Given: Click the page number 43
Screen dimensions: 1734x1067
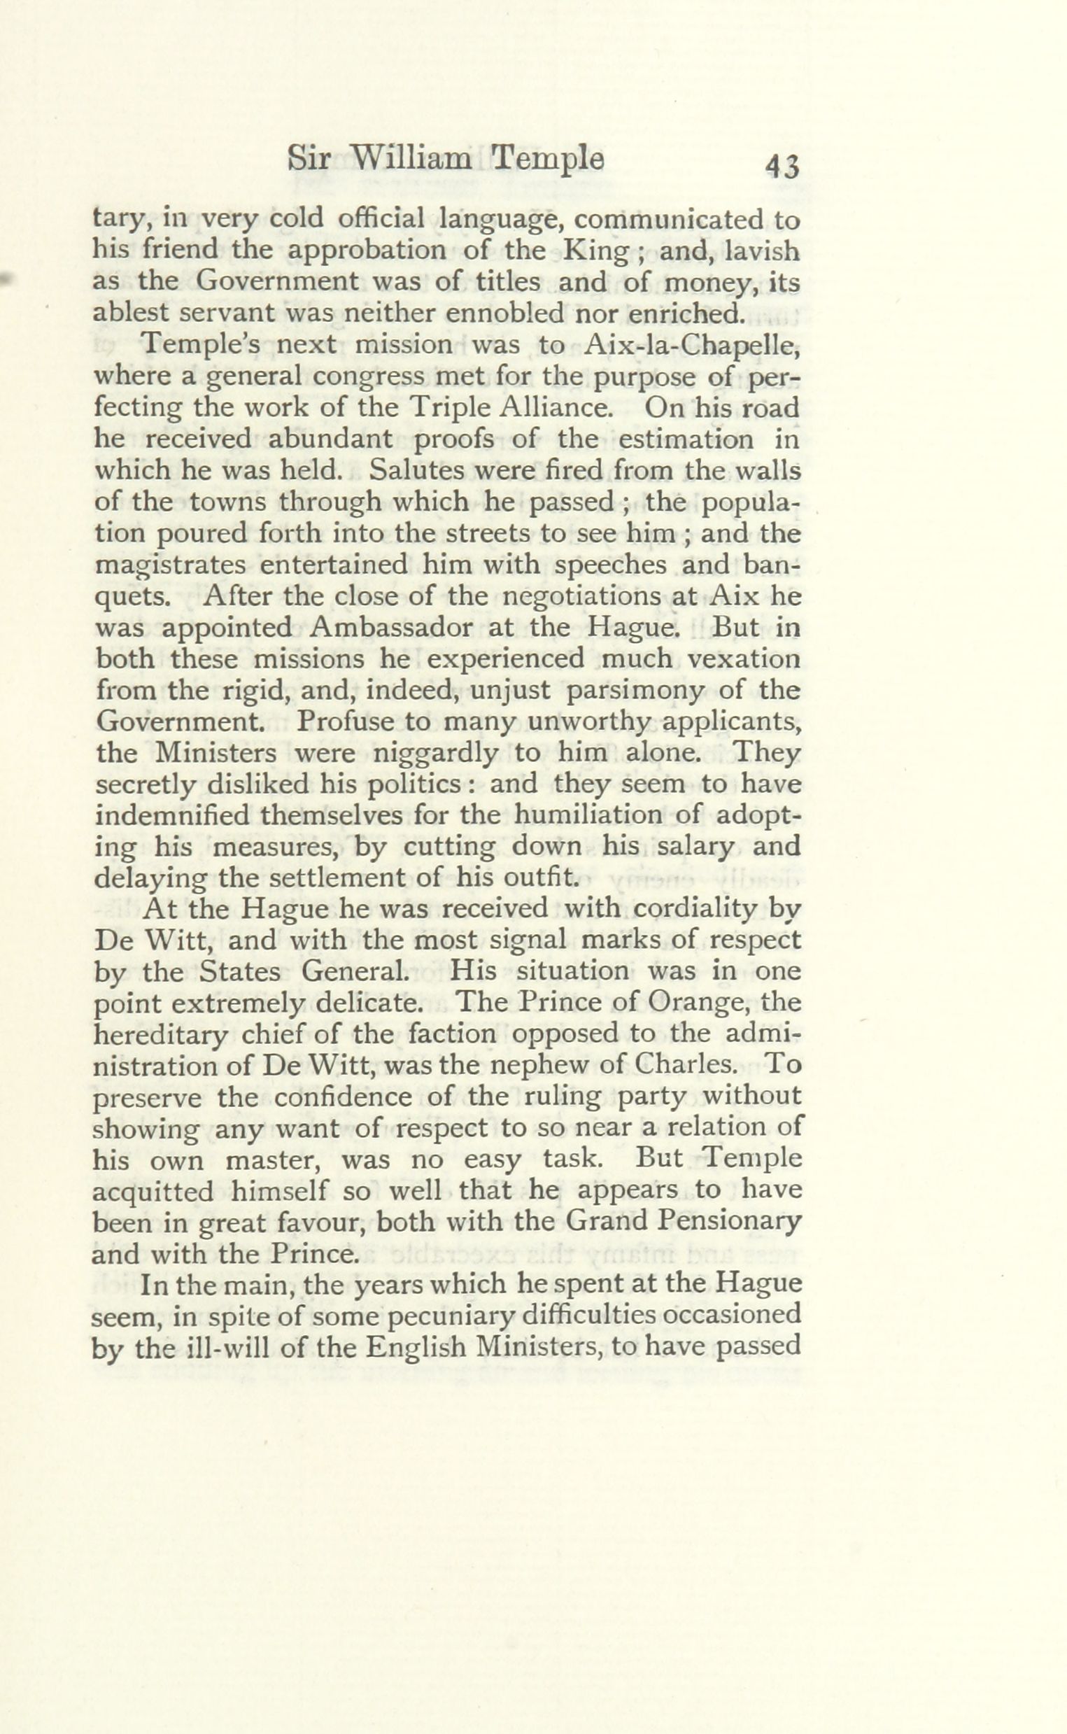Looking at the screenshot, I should (782, 167).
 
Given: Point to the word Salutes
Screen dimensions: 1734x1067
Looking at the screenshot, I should (417, 470).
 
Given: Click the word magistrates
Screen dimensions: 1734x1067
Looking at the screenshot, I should (170, 565).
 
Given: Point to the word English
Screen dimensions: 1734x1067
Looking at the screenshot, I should (416, 1346).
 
